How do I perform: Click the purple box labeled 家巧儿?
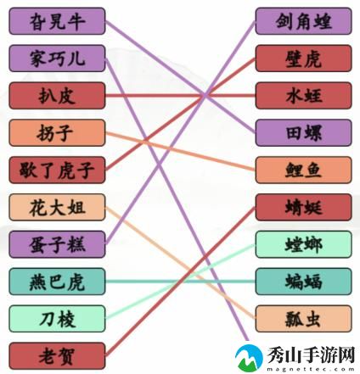coord(57,59)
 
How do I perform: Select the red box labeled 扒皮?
coord(57,96)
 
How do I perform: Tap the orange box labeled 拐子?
coord(57,133)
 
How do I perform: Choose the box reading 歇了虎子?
coord(57,170)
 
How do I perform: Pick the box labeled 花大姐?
coord(57,207)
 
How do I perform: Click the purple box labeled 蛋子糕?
coord(57,244)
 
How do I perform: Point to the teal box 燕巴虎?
coord(57,282)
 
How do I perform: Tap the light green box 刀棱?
coord(57,319)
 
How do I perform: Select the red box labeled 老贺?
coord(57,356)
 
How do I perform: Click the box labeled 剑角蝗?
coord(303,21)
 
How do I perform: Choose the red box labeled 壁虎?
coord(303,59)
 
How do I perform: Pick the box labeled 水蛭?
coord(303,96)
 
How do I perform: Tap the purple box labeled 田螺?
coord(303,133)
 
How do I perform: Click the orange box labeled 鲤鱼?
coord(303,170)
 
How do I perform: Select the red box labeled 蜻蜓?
coord(303,207)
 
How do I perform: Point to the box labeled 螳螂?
coord(303,244)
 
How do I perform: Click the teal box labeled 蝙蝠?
coord(303,282)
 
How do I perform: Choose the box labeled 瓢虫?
coord(303,319)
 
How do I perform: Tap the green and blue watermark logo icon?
coord(249,358)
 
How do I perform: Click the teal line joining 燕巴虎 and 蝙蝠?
coord(180,282)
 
